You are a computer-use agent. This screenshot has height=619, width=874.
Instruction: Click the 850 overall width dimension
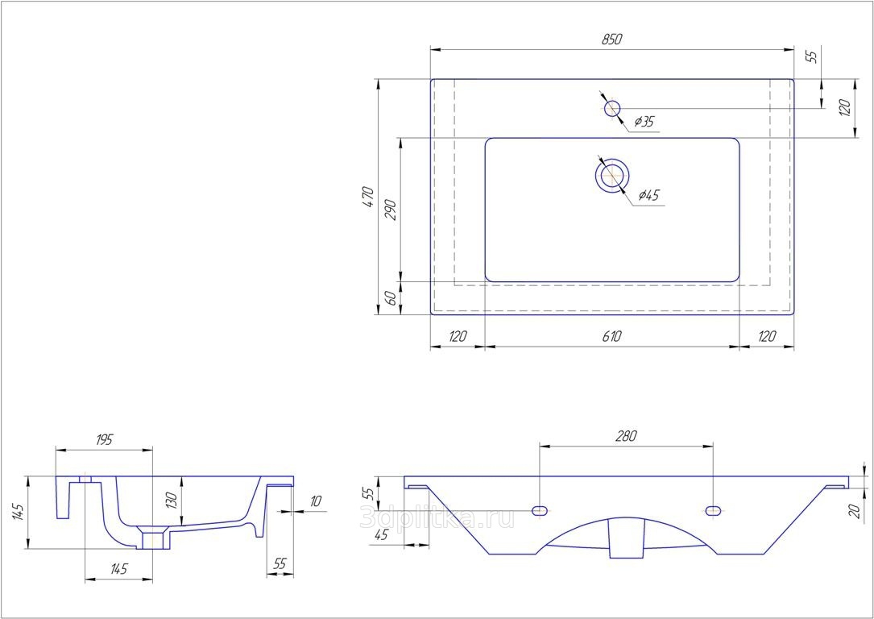click(x=611, y=39)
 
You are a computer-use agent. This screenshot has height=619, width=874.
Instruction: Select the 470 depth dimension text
click(x=368, y=197)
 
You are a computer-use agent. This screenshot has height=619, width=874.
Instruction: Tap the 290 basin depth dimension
click(x=391, y=210)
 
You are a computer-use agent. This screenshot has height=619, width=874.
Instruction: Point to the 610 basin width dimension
click(x=611, y=336)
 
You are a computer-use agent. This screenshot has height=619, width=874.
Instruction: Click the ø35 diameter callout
click(x=644, y=121)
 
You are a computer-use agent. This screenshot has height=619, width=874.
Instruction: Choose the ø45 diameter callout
click(x=649, y=194)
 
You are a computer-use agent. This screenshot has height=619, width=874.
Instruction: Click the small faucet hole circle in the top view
click(x=612, y=109)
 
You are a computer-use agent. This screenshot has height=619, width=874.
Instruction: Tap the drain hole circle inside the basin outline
click(x=612, y=175)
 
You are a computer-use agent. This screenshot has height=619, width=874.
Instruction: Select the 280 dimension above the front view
click(x=625, y=436)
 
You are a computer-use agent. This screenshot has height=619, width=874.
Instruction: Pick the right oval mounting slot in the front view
click(x=713, y=509)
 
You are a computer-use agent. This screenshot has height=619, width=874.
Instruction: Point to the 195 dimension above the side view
click(x=104, y=439)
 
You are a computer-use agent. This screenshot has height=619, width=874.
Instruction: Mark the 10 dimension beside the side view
click(x=316, y=501)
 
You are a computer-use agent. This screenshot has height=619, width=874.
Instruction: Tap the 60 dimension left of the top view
click(x=391, y=298)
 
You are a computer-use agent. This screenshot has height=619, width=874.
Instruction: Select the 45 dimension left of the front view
click(x=381, y=535)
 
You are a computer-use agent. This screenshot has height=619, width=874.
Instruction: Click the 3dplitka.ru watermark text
click(x=437, y=518)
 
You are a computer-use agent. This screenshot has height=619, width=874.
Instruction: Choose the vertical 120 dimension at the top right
click(x=845, y=108)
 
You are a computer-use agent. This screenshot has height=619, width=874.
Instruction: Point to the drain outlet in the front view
click(x=627, y=538)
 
